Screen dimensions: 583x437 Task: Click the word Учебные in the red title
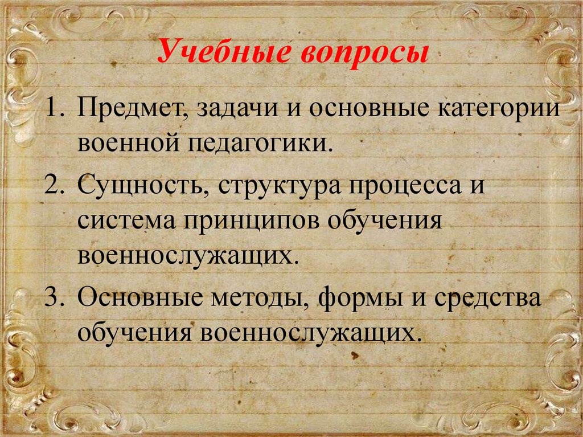[x=224, y=52]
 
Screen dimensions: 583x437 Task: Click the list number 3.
[x=54, y=297]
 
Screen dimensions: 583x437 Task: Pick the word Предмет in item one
[x=132, y=109]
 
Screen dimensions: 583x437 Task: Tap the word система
[x=126, y=220]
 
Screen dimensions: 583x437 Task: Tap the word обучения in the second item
[x=385, y=220]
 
